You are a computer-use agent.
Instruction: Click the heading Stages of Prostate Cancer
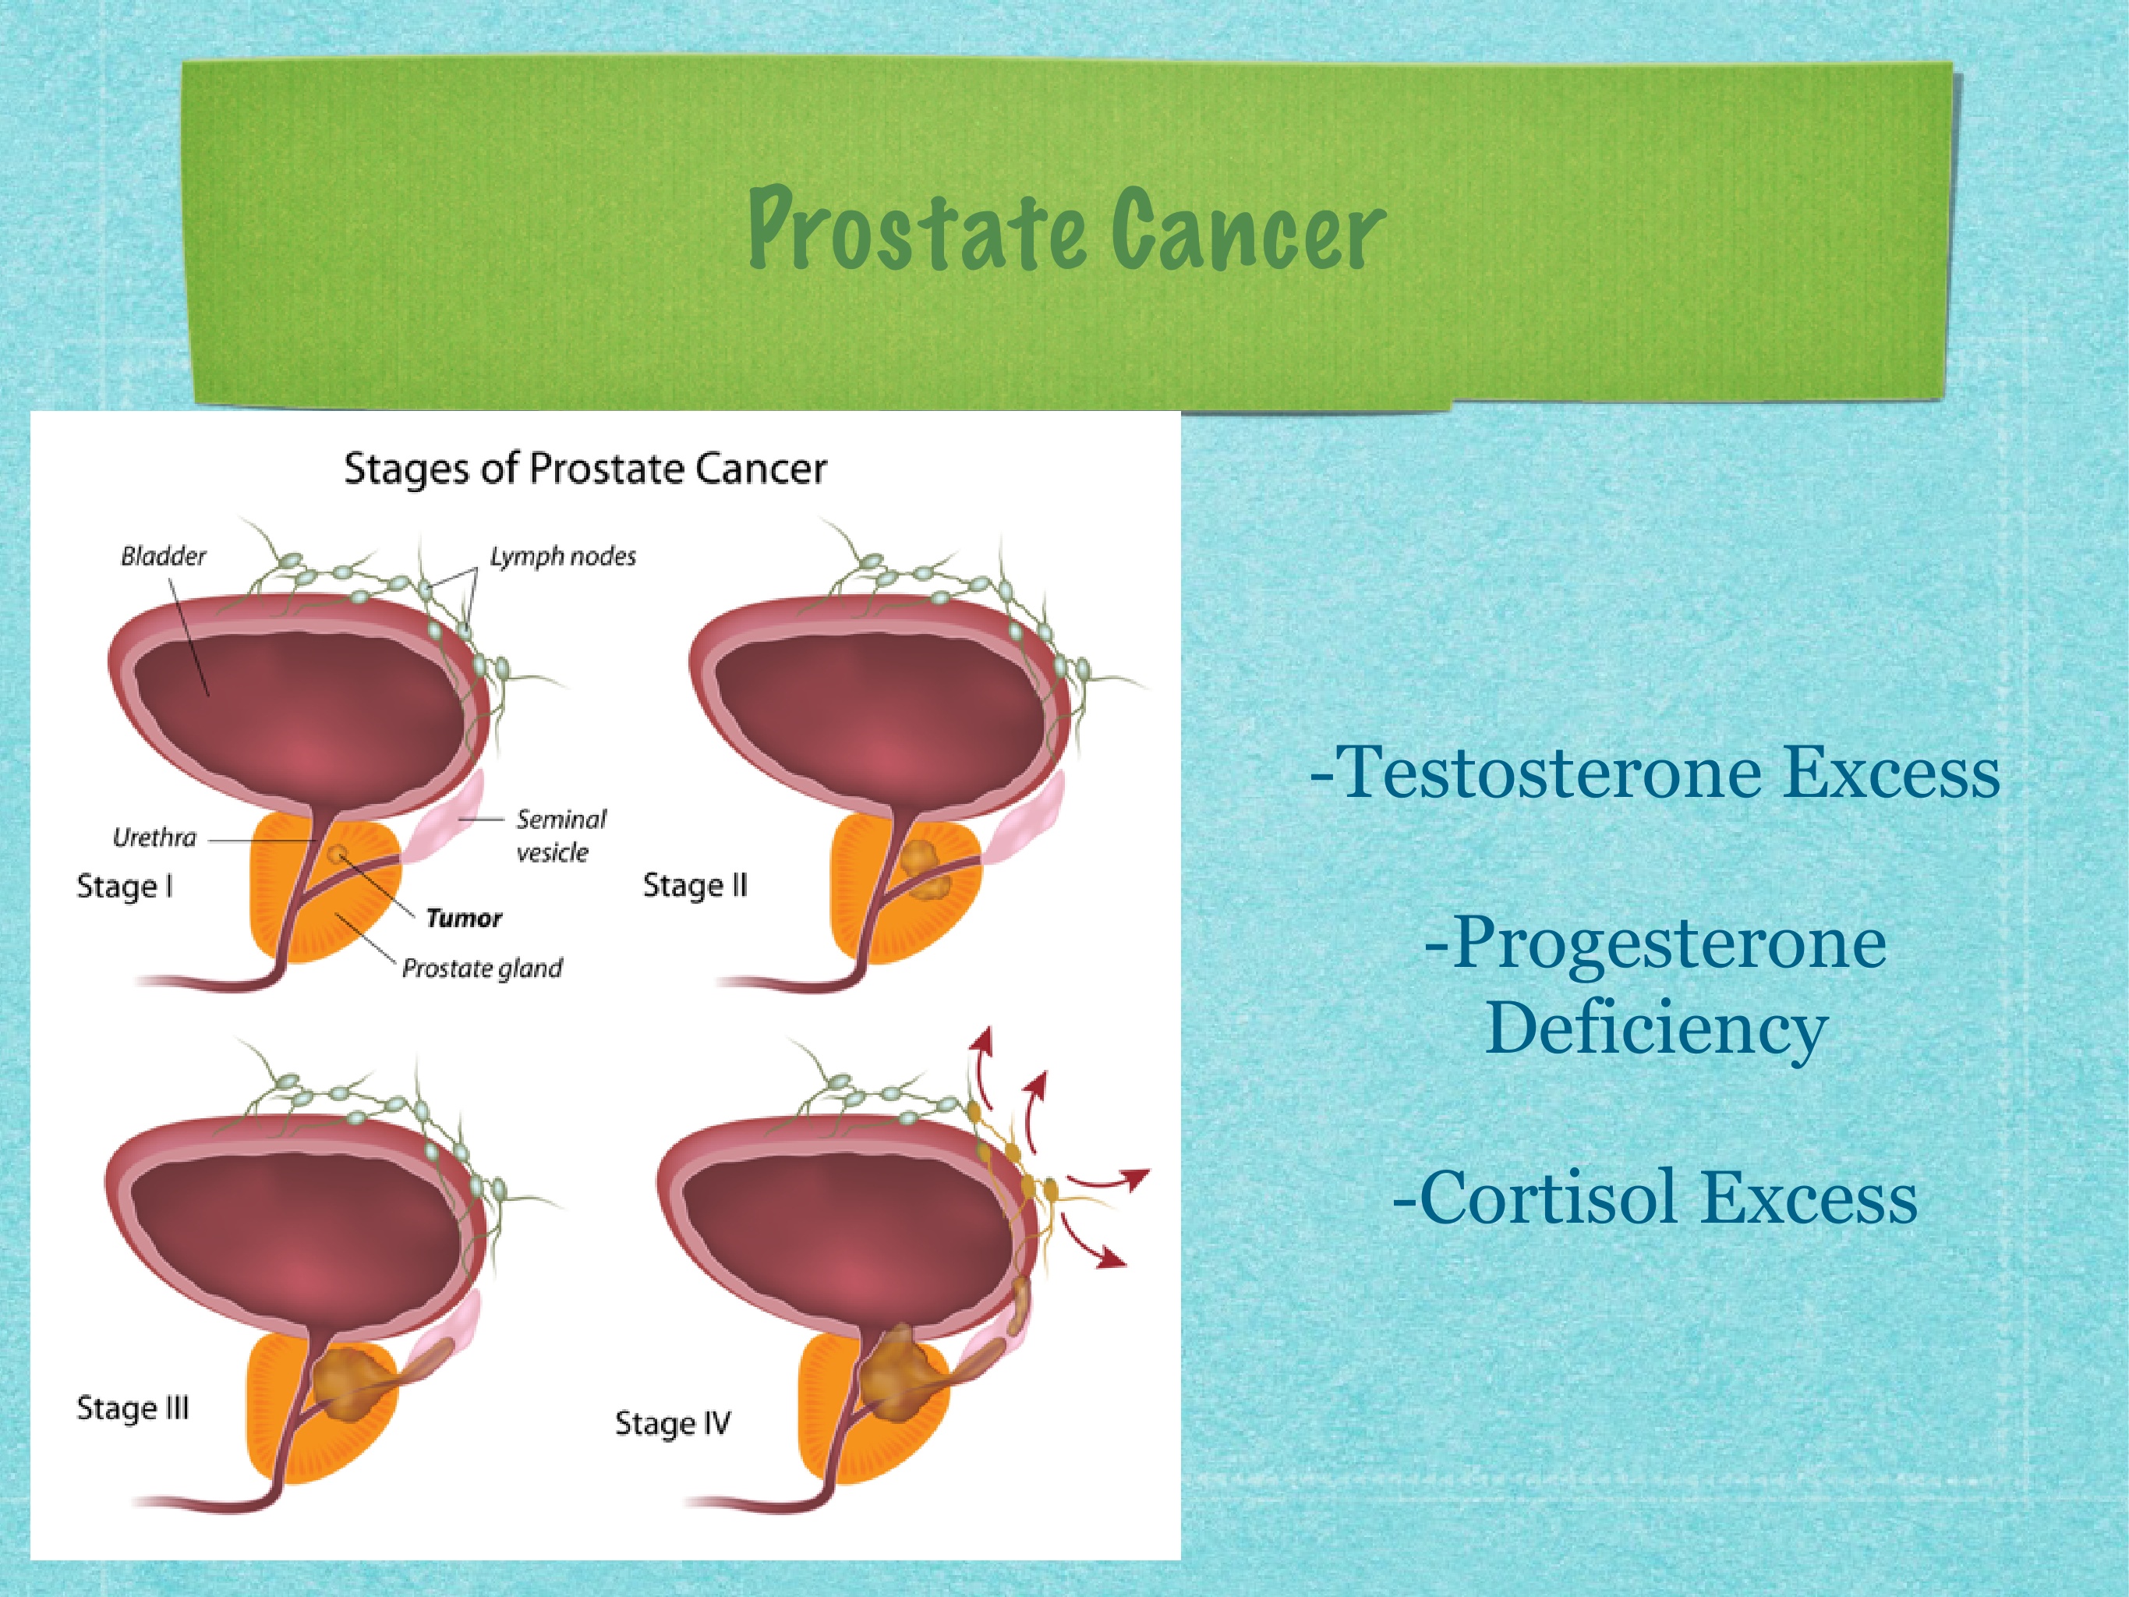[x=585, y=469]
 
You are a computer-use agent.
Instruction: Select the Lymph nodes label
[x=563, y=557]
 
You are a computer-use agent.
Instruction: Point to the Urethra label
[x=154, y=837]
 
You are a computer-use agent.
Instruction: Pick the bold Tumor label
[x=464, y=919]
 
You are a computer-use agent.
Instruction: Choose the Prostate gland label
[x=483, y=968]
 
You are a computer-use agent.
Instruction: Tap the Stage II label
[x=695, y=886]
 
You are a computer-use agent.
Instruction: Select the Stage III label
[x=133, y=1408]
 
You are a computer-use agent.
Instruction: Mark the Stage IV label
[x=673, y=1424]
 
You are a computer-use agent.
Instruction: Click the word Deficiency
[x=1656, y=1028]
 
